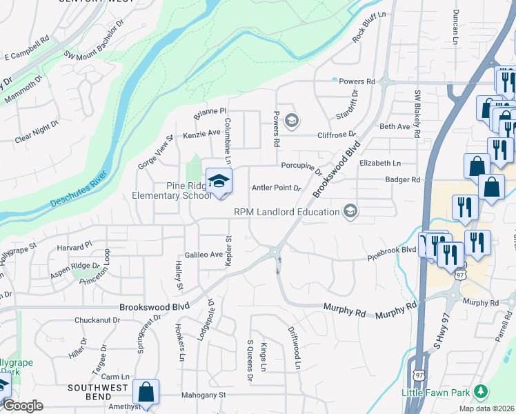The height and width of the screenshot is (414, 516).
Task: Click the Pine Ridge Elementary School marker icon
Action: [219, 181]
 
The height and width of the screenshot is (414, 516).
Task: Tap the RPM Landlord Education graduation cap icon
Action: [350, 211]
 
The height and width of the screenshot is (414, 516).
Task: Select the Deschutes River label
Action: [78, 188]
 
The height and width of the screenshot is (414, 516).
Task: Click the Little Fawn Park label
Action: [436, 393]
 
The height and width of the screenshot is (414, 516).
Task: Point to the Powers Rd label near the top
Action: [357, 81]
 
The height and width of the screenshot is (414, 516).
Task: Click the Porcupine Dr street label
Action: [301, 166]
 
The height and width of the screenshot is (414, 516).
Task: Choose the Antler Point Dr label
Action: [277, 188]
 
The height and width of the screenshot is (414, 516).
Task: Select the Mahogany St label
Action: [204, 395]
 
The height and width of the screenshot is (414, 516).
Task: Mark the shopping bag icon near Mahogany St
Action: [146, 392]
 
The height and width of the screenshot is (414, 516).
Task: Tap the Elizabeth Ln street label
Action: [379, 164]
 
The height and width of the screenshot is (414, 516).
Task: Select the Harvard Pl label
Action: [75, 246]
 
